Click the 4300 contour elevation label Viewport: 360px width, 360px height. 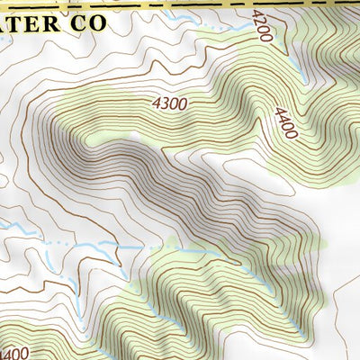click(170, 104)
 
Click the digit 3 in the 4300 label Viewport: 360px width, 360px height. click(165, 104)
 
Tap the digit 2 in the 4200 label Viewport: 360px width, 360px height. click(261, 18)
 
